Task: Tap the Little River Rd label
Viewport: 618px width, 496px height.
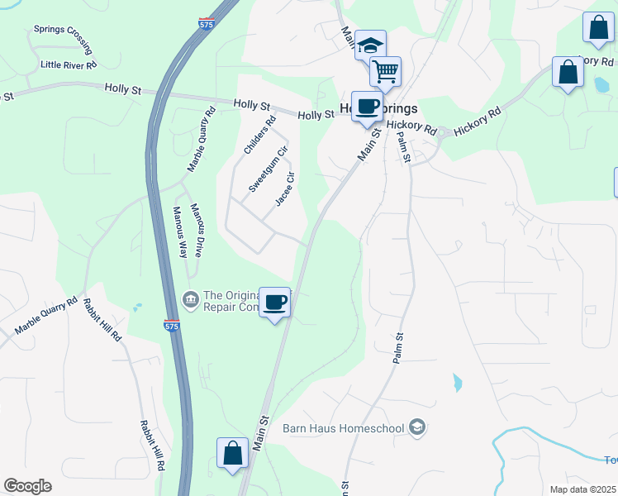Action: pos(69,64)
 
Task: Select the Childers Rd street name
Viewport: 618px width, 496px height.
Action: pos(259,135)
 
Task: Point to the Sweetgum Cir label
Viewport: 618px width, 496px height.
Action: pos(269,168)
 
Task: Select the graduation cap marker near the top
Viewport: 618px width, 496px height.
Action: pos(371,45)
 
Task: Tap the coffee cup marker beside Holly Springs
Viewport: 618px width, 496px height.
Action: pos(367,106)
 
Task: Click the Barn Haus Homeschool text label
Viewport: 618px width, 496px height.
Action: pos(345,427)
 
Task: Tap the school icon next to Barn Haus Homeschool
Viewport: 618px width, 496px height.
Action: pos(418,427)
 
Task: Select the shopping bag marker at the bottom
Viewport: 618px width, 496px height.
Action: pos(232,453)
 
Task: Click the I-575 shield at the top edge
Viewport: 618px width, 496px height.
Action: pos(207,23)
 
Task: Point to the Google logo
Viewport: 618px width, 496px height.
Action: pos(27,486)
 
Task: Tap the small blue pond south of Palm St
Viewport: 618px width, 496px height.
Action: pos(457,383)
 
